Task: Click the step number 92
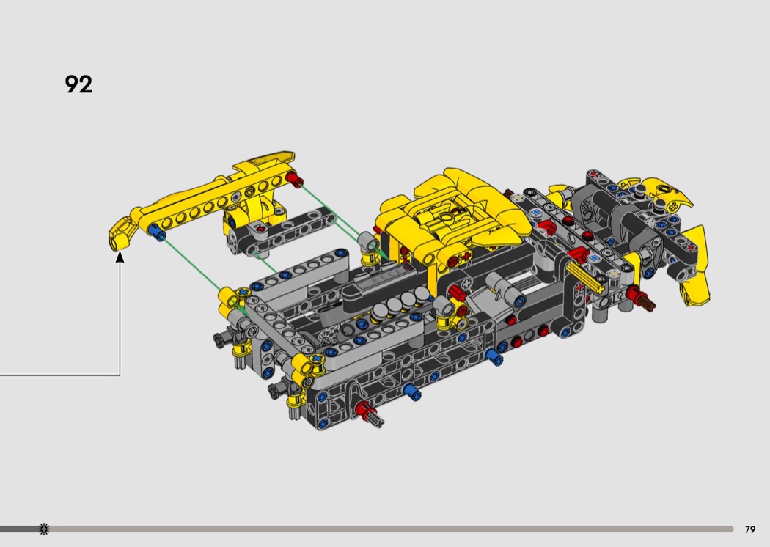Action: pyautogui.click(x=78, y=84)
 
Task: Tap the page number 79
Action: pyautogui.click(x=750, y=529)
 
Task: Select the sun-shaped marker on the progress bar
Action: pyautogui.click(x=44, y=529)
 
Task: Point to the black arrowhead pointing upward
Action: pyautogui.click(x=120, y=257)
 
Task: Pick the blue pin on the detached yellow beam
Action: pyautogui.click(x=157, y=232)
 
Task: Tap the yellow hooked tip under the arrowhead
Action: pyautogui.click(x=120, y=235)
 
